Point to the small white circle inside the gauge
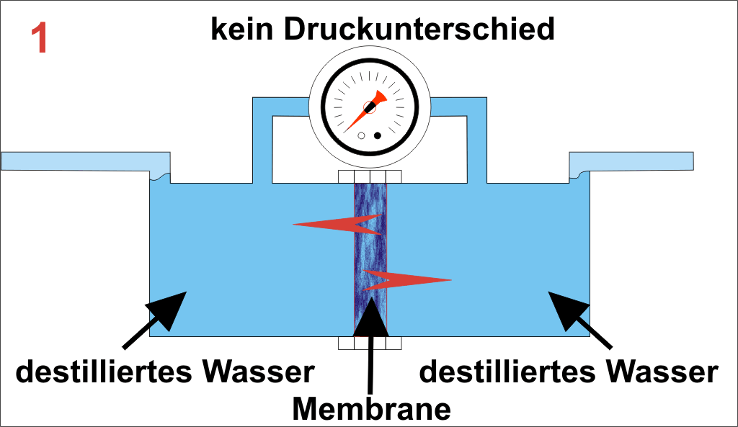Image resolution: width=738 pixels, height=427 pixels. pyautogui.click(x=362, y=135)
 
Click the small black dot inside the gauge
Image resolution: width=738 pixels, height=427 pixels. pyautogui.click(x=377, y=135)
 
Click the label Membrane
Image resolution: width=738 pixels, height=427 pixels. pyautogui.click(x=371, y=408)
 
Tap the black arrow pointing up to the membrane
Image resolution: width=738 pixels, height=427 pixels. pyautogui.click(x=371, y=338)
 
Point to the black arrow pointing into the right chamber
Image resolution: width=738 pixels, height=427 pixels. pyautogui.click(x=580, y=318)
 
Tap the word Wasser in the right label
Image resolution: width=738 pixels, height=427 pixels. pyautogui.click(x=662, y=372)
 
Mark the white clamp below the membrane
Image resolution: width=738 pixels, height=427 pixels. pyautogui.click(x=370, y=343)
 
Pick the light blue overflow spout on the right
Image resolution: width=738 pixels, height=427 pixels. pyautogui.click(x=631, y=161)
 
